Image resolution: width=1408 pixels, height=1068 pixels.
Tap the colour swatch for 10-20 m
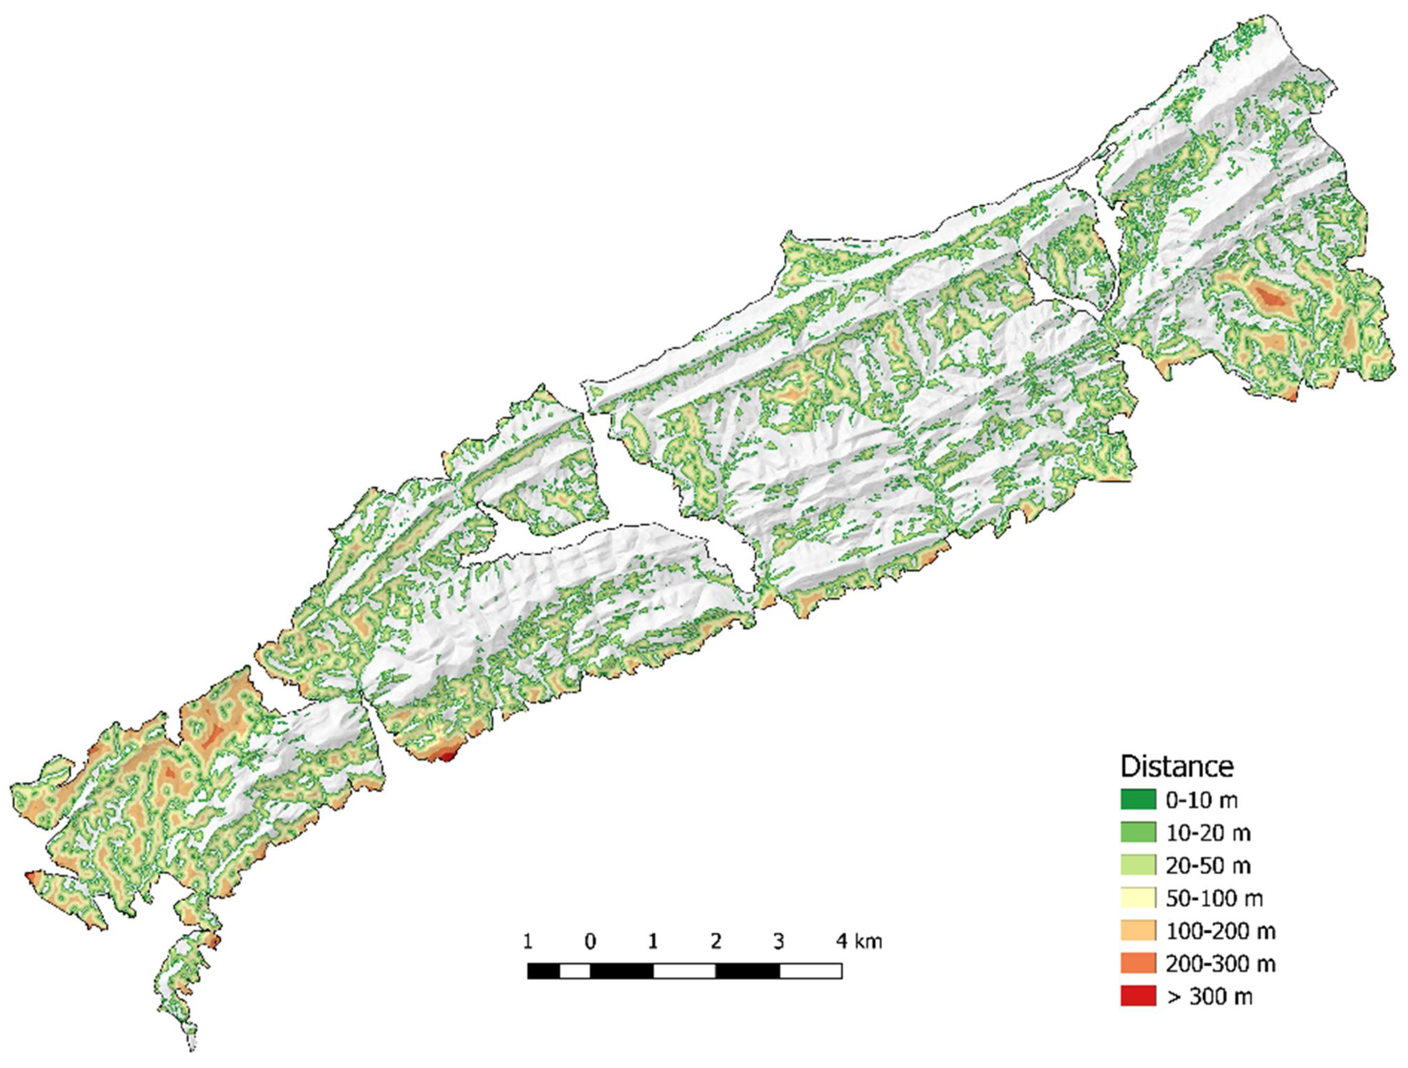click(1138, 833)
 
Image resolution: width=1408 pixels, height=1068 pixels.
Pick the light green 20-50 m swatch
click(1138, 865)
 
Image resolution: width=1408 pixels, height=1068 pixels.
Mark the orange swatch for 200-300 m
click(1138, 964)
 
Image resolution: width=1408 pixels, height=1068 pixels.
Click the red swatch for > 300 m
click(1138, 997)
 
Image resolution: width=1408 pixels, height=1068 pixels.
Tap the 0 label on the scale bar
click(590, 942)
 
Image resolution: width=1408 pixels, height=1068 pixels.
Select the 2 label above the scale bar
click(716, 942)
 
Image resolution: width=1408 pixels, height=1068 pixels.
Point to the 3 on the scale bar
click(778, 942)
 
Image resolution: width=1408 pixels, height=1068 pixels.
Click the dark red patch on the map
click(447, 756)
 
